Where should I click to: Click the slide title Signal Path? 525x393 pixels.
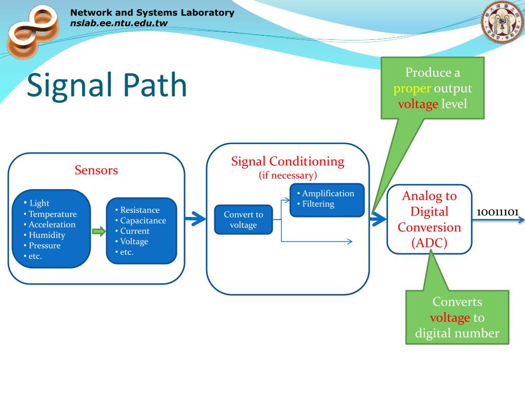tap(107, 86)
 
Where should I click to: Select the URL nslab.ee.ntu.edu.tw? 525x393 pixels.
tap(119, 24)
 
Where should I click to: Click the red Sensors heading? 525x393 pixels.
tap(96, 170)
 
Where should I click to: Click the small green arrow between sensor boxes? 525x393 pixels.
tap(99, 231)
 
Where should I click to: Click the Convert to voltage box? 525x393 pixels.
tap(244, 220)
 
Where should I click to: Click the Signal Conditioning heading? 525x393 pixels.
tap(288, 161)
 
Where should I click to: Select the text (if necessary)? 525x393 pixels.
tap(288, 175)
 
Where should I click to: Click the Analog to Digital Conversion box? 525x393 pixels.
tap(429, 219)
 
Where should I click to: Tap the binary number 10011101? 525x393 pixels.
tap(497, 212)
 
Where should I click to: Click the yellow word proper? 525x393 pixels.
tap(412, 89)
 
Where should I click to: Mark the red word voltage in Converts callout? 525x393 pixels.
tap(450, 318)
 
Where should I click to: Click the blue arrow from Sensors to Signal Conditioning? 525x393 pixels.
tap(195, 219)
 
